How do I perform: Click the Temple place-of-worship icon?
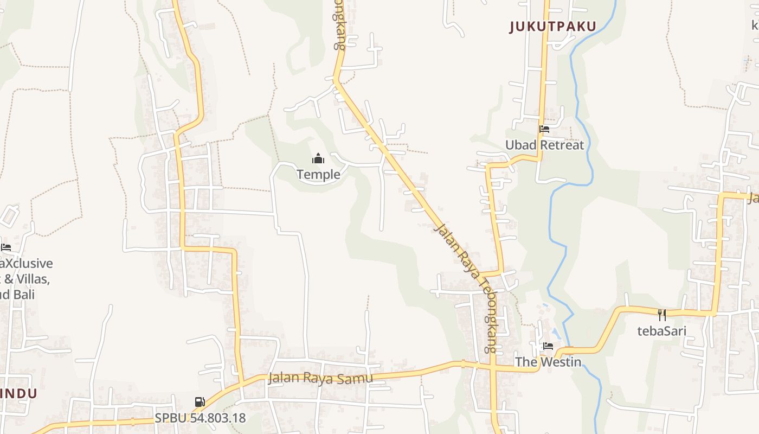(318, 158)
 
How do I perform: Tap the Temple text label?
(318, 174)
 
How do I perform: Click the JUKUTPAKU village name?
(553, 26)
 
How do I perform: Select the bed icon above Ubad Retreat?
(544, 129)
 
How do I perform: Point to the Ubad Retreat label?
(544, 145)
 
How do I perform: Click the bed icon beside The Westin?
(548, 346)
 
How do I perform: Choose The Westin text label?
(548, 362)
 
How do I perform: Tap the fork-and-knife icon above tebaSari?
(661, 315)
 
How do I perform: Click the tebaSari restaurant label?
(661, 331)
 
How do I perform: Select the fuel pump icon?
(200, 402)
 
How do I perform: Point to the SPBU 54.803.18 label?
(200, 418)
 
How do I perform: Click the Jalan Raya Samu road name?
(320, 378)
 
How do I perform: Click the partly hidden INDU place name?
(19, 393)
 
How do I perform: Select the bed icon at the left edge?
(5, 247)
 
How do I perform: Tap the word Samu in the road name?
(358, 378)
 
